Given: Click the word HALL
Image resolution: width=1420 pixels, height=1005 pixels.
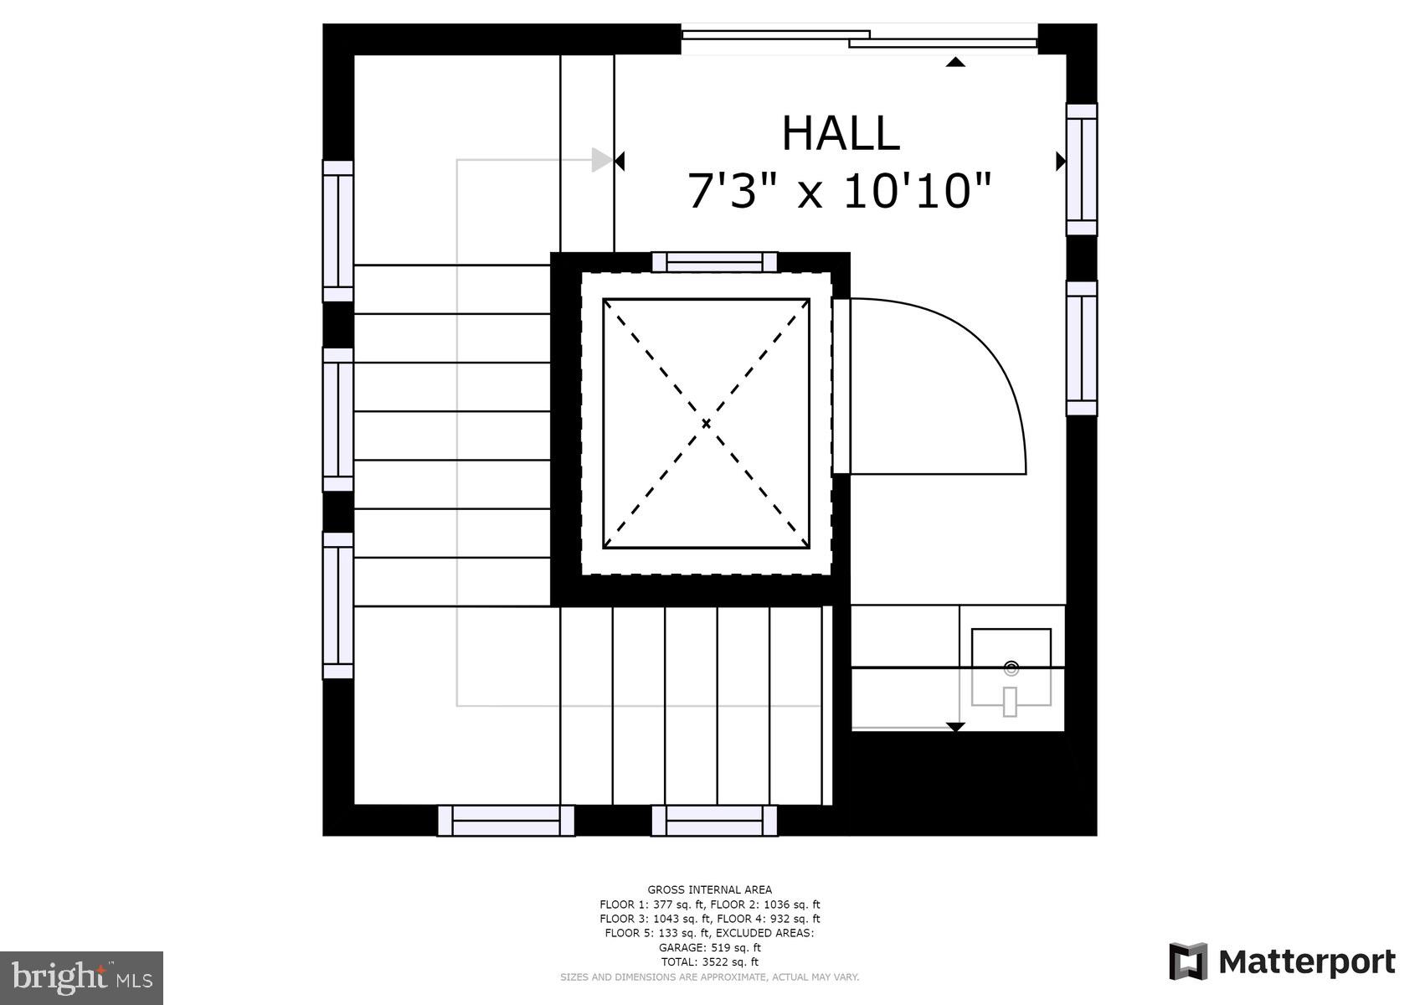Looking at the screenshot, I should (840, 134).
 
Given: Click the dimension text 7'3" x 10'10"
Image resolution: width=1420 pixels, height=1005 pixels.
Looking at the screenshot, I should (839, 192).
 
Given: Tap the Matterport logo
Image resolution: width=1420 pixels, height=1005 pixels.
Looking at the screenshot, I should (1282, 961).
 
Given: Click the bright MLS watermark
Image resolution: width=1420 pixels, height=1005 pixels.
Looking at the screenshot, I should (81, 977).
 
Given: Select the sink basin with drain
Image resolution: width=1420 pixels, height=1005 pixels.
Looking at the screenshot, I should (1011, 668).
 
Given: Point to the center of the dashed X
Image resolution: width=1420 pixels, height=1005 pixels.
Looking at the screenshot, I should (706, 424).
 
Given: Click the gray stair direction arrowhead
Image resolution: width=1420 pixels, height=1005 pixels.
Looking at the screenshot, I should (601, 160).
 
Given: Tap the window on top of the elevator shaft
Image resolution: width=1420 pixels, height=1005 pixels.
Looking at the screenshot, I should (714, 262).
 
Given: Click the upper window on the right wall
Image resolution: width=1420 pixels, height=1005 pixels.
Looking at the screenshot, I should (1081, 170).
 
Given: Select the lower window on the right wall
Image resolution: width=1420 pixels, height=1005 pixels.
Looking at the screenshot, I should (1081, 348).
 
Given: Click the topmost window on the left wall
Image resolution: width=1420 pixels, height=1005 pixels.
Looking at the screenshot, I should (337, 230).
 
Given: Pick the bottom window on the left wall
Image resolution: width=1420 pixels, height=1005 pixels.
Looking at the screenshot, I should (337, 606).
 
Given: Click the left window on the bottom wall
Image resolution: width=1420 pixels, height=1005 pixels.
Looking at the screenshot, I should (506, 820).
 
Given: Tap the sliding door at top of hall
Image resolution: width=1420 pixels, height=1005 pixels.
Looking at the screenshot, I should (859, 39).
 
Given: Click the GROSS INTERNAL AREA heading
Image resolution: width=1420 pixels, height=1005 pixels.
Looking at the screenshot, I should (709, 889).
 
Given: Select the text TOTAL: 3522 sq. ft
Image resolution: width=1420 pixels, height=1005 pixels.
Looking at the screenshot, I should (709, 962).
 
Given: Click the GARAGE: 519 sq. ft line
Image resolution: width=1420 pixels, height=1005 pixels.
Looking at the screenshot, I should (709, 948).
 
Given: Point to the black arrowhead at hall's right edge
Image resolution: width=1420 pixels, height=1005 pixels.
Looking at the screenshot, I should (1060, 161).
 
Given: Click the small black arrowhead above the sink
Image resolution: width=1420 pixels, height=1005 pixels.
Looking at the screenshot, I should (955, 726).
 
